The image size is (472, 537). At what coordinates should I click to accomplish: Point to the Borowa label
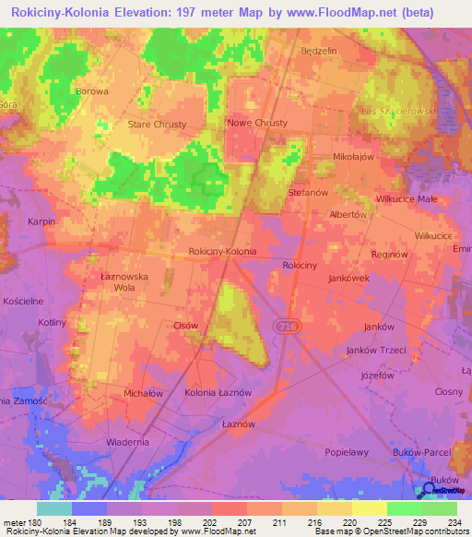tap(92, 91)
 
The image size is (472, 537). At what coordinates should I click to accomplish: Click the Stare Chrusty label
tap(157, 124)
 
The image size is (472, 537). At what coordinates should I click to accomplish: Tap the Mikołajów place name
tap(353, 157)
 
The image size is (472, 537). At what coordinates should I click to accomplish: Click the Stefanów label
tap(309, 194)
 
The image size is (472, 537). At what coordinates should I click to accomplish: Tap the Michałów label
tap(143, 392)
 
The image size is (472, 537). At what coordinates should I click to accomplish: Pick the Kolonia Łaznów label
tap(218, 394)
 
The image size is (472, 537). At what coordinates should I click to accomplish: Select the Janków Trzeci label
tap(374, 350)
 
